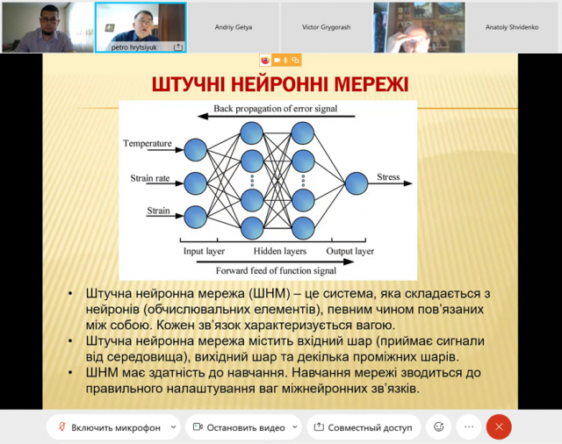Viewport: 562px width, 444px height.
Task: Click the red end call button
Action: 499,426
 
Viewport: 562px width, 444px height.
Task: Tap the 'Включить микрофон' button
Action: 113,427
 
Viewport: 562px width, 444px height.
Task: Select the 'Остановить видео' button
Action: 243,427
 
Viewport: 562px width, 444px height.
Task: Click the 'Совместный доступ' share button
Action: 364,427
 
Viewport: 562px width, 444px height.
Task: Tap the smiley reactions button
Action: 439,426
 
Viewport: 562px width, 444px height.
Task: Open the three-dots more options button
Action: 469,426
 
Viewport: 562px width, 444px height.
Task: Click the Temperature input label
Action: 148,143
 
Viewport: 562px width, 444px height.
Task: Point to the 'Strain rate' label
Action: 150,178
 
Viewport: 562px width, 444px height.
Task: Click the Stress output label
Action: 388,177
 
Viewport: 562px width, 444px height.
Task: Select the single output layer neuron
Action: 357,183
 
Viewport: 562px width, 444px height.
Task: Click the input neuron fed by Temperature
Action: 195,150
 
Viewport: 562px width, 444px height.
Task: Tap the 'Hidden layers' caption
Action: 280,251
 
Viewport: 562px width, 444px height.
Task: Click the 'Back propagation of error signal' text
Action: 275,109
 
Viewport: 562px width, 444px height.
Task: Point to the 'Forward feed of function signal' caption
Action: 276,270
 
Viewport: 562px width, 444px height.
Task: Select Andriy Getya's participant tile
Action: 234,27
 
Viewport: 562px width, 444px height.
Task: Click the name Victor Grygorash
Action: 326,27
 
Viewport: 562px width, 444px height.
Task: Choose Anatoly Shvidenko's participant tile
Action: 512,27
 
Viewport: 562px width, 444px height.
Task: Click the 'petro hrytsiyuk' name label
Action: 133,47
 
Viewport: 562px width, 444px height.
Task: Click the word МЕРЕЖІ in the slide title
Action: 371,84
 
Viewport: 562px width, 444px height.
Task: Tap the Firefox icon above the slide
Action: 265,61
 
